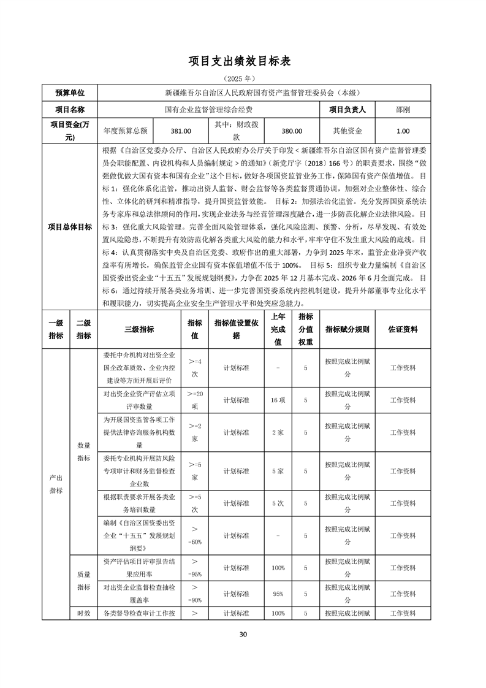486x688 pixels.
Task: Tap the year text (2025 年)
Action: [243, 79]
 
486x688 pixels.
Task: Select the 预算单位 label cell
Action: [69, 93]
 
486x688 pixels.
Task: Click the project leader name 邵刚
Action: [403, 110]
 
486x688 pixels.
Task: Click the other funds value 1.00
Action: [403, 131]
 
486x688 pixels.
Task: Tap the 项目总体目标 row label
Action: [69, 227]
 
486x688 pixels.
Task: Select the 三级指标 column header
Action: [139, 329]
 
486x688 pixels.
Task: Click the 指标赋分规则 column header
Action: [347, 329]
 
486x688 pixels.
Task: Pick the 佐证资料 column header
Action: [403, 329]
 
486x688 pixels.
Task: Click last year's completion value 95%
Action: [278, 594]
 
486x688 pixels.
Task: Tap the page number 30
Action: [243, 634]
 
